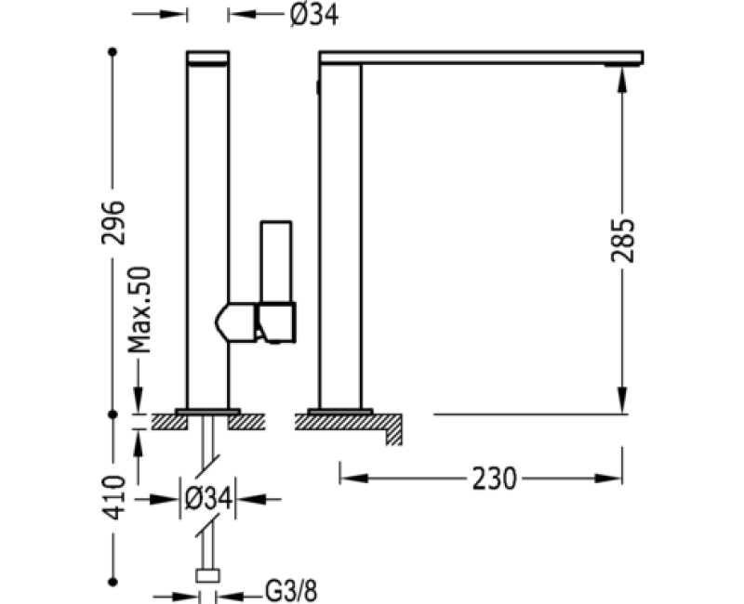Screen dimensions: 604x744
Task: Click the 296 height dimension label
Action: coord(113,221)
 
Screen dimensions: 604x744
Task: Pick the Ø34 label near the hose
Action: coord(207,498)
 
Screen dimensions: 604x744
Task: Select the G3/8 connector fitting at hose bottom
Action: coord(207,575)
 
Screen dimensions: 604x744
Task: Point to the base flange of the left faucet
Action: coord(207,410)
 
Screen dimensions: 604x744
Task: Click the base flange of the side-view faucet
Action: coord(339,410)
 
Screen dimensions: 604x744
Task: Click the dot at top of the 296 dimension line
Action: coord(113,53)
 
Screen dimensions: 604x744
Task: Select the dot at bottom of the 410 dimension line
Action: coord(113,581)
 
